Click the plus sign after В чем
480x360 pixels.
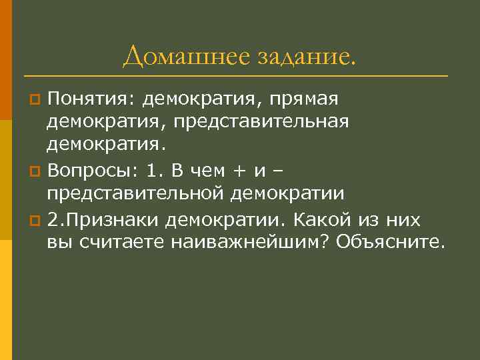tap(237, 171)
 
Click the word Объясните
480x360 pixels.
tap(389, 241)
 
